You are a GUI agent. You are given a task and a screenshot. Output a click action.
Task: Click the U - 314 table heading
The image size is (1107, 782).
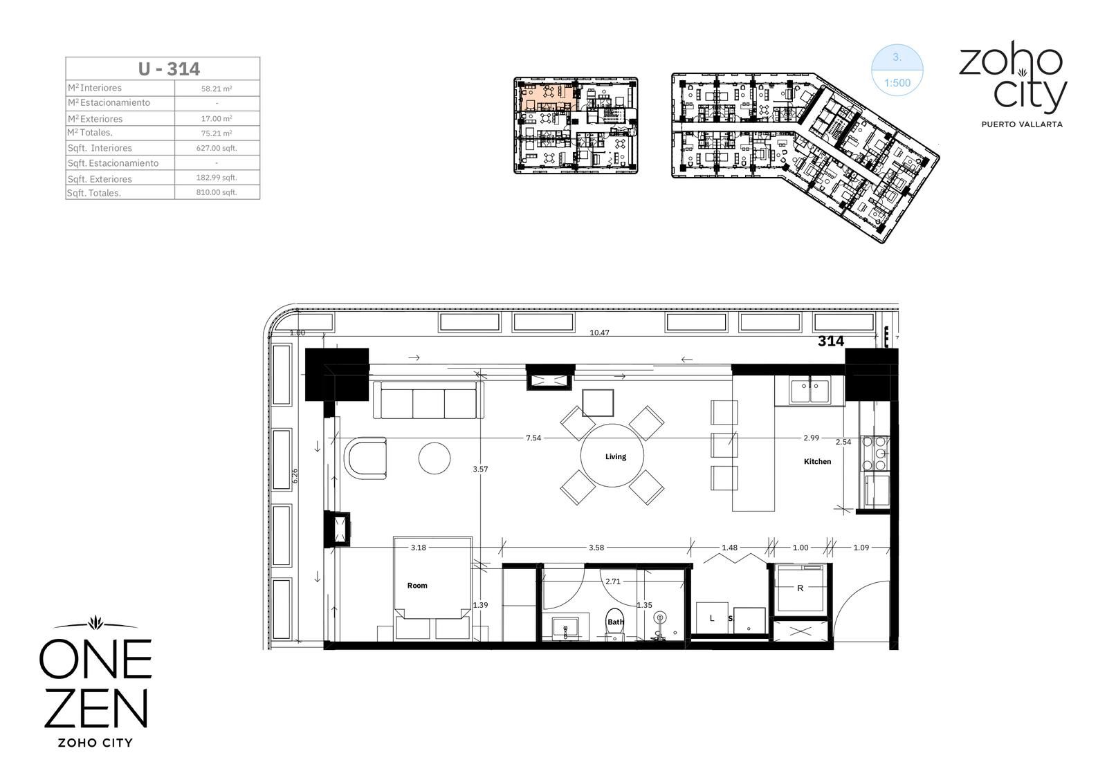[169, 69]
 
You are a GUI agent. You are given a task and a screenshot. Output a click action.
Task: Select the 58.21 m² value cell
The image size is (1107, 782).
[217, 89]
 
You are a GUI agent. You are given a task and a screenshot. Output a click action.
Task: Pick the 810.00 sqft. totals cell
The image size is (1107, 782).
[217, 192]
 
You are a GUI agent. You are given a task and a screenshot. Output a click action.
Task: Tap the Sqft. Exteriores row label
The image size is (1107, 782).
[100, 179]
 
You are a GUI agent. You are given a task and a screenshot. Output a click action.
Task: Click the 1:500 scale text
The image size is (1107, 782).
[897, 82]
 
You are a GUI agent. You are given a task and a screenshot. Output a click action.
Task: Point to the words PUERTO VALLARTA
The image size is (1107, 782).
[1021, 124]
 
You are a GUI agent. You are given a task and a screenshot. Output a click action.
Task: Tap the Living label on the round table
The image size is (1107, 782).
[615, 456]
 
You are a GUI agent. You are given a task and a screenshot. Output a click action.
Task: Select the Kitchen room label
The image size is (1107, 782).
[817, 461]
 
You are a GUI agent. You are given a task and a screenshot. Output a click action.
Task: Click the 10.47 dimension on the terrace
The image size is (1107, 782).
[599, 333]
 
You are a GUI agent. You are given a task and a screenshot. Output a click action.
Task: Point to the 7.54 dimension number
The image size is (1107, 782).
[533, 438]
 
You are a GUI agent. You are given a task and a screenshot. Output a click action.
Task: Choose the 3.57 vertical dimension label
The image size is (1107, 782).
[480, 469]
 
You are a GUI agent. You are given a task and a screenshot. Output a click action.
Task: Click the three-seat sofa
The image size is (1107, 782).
[428, 400]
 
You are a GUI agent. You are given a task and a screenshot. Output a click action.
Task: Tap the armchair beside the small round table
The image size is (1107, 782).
[366, 458]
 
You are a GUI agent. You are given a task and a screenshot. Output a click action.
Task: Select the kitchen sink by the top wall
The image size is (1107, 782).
[809, 390]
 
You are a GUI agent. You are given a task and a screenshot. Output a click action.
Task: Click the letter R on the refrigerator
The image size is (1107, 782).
[800, 588]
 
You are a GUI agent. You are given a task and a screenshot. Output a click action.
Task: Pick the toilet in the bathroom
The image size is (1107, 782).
[615, 624]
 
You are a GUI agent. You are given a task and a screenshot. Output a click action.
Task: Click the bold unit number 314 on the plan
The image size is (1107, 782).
[831, 341]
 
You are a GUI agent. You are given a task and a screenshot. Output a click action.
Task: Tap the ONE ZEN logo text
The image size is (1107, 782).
[95, 682]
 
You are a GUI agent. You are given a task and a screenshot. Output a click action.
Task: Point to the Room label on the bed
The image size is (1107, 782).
[417, 586]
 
